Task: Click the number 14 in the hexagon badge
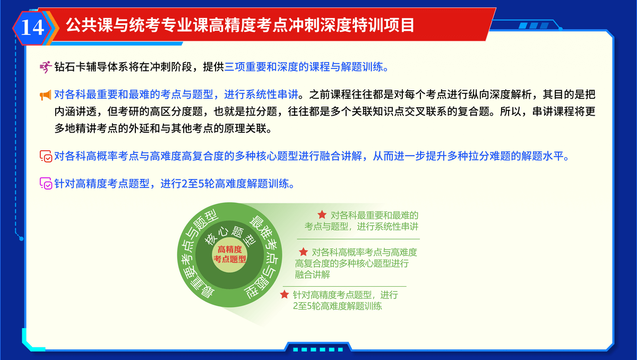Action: (32, 28)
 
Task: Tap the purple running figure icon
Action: (46, 67)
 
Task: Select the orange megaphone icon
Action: (46, 95)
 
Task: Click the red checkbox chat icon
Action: (46, 156)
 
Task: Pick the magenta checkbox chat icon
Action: (46, 183)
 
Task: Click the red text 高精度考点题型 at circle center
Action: (230, 254)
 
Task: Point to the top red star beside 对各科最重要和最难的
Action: (322, 215)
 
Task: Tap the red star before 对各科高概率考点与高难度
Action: (304, 252)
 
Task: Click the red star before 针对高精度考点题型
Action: (285, 294)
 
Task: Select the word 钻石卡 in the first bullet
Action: (70, 67)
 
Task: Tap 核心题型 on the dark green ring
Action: (230, 235)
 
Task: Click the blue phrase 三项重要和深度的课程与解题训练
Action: (304, 67)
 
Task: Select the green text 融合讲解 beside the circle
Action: (312, 275)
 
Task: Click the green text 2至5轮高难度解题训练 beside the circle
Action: (337, 306)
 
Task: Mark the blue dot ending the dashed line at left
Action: (21, 238)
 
